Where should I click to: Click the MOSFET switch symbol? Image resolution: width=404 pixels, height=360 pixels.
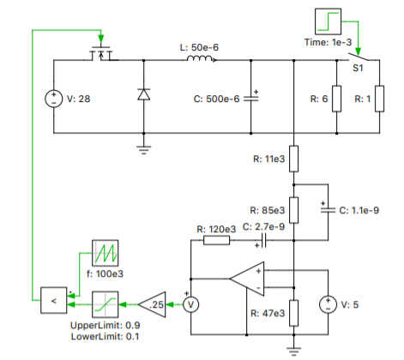101,53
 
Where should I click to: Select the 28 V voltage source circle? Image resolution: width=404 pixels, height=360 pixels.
53,99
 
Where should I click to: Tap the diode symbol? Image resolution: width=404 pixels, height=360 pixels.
143,94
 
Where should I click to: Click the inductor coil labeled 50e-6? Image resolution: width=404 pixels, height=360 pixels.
200,58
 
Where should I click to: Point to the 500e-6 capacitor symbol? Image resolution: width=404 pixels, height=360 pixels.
250,99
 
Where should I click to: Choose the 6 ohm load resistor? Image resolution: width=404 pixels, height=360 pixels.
336,99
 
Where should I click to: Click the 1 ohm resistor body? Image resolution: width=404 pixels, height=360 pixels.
379,99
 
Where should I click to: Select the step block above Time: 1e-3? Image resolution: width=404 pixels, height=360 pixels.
328,21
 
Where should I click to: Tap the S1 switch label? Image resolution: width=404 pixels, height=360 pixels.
358,68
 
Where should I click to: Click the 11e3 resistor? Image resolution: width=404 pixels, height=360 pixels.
293,159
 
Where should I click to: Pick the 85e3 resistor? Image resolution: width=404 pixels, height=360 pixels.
293,210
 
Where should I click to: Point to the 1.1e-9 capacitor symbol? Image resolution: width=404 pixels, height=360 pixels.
328,210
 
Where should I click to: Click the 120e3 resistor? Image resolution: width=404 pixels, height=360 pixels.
216,240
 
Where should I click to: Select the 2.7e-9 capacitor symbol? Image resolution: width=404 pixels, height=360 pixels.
263,240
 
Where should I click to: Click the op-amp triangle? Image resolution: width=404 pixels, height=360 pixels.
247,279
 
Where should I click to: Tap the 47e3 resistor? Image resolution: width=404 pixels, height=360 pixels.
293,313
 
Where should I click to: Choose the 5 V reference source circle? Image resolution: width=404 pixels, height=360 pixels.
328,304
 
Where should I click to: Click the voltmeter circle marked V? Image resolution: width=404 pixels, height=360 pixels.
190,304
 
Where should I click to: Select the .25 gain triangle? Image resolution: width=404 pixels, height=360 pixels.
152,304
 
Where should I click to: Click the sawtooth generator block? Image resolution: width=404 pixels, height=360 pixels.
105,253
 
